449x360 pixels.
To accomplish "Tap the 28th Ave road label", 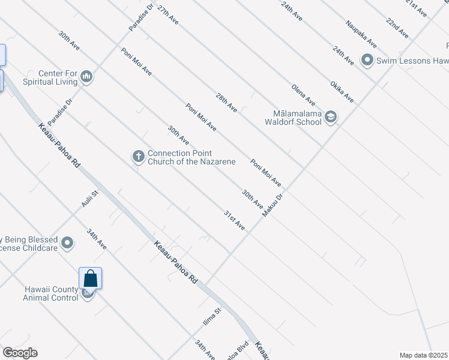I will [227, 103].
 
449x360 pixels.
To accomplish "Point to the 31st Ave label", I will [235, 221].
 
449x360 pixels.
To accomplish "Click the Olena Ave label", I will [304, 95].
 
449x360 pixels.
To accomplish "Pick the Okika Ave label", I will [342, 91].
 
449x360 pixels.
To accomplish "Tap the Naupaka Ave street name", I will [361, 34].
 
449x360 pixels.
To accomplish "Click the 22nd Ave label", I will [397, 28].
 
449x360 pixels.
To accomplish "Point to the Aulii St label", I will [89, 197].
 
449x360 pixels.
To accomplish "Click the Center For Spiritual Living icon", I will [86, 77].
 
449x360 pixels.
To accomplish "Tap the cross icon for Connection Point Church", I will [138, 157].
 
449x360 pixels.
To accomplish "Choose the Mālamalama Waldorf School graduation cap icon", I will [331, 117].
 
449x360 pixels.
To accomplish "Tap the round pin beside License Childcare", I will [67, 244].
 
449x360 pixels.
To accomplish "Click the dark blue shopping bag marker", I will [90, 278].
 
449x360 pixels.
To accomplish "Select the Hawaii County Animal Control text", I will [52, 293].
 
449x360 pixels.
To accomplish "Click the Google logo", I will [20, 353].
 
